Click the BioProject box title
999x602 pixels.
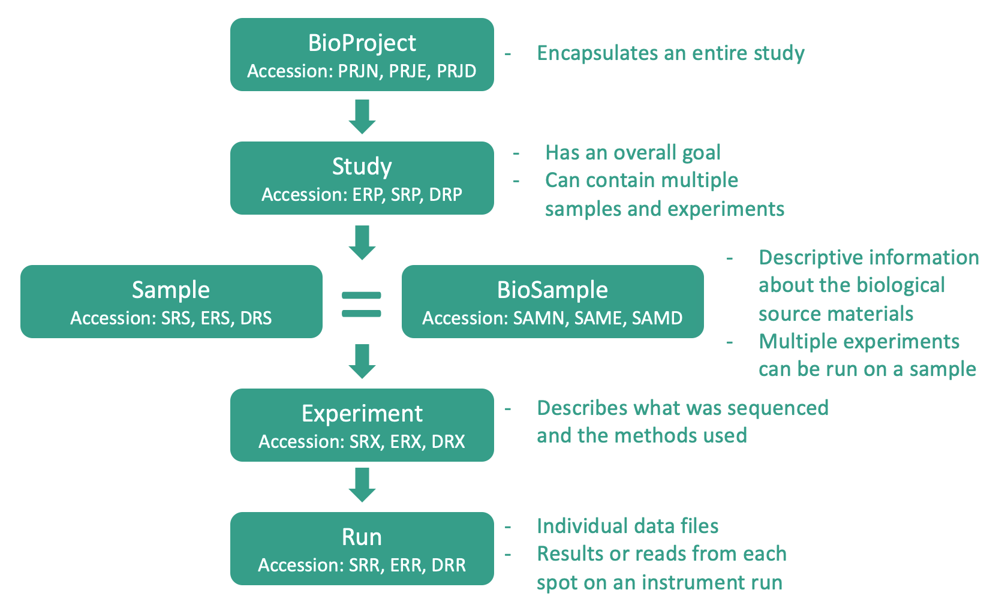[x=362, y=44]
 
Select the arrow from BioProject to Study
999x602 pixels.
[x=362, y=116]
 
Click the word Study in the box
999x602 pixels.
[x=362, y=167]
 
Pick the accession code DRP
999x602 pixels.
[x=446, y=195]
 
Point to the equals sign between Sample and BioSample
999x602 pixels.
[x=361, y=305]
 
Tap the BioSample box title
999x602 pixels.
[x=553, y=290]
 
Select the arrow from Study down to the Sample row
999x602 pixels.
[x=362, y=243]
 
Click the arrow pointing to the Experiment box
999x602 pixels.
[x=362, y=361]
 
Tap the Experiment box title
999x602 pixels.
[x=362, y=414]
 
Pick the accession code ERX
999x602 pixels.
[x=405, y=442]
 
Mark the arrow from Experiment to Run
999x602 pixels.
[x=362, y=484]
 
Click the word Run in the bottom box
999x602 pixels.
[x=362, y=537]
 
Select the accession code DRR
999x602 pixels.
[x=449, y=565]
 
